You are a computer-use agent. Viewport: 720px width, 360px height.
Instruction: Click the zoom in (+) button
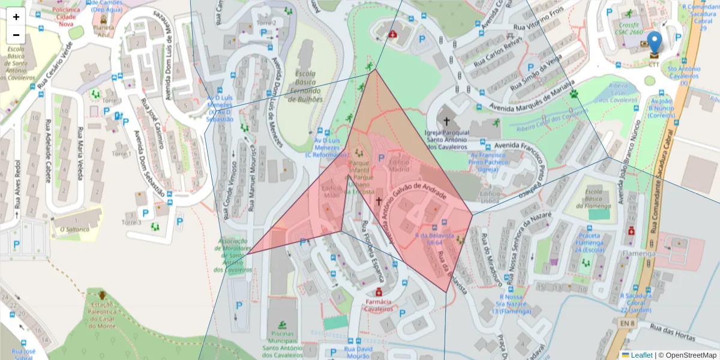point(16,17)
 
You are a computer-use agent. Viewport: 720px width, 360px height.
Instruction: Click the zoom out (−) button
point(16,35)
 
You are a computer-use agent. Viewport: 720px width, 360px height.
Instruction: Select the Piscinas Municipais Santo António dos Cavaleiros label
point(283,344)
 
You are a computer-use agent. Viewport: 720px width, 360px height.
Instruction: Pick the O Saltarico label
point(74,229)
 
